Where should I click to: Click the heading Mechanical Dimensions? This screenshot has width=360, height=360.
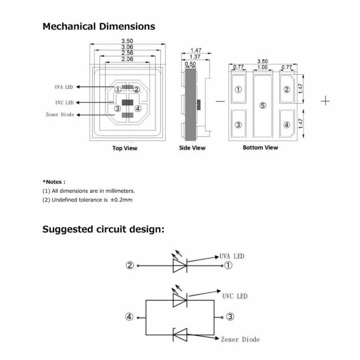(99, 26)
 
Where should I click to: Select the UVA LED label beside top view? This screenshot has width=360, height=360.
(64, 87)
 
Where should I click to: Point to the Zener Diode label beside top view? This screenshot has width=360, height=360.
(60, 115)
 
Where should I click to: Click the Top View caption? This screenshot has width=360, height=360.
(124, 148)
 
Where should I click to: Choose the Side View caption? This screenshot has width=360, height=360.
(192, 148)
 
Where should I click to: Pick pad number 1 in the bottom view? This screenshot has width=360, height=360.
(238, 89)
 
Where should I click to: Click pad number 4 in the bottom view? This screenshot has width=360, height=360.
(287, 125)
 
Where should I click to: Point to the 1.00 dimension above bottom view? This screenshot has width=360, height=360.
(263, 67)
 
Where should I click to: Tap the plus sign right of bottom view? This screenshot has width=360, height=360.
(326, 101)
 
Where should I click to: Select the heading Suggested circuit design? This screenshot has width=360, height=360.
(103, 229)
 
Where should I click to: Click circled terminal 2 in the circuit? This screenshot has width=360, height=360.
(130, 265)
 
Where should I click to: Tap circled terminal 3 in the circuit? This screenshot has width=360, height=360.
(230, 317)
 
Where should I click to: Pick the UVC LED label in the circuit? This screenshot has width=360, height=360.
(235, 296)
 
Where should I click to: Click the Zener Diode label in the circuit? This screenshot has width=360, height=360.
(240, 339)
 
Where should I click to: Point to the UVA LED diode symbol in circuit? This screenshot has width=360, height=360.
(179, 265)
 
